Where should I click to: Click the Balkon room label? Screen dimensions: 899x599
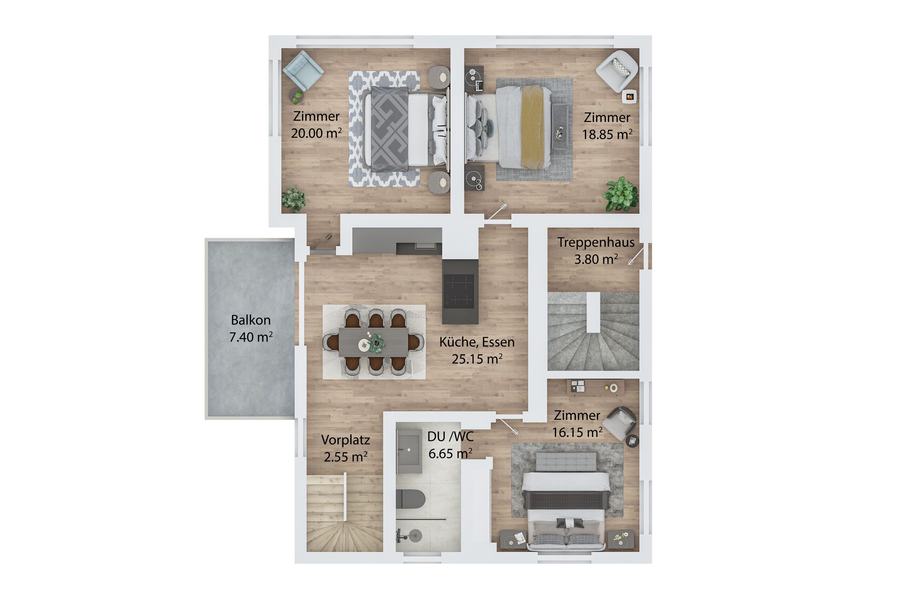[251, 320]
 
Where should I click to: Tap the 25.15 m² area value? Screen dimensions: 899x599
[477, 359]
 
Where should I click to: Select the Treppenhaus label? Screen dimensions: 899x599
[596, 242]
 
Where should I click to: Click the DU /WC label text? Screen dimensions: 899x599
[451, 436]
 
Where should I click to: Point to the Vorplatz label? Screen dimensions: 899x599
[346, 440]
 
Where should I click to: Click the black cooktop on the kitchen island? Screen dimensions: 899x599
[460, 291]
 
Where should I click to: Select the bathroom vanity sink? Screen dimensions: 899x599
[409, 451]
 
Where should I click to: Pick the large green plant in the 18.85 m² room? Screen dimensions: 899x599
[621, 194]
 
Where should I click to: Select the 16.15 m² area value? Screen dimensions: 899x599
[577, 432]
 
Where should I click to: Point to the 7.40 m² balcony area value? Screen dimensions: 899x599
[251, 337]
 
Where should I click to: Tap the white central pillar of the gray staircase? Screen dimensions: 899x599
[593, 312]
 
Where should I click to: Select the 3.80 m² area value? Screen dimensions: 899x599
[596, 259]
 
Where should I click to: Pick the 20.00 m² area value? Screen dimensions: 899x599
[316, 133]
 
